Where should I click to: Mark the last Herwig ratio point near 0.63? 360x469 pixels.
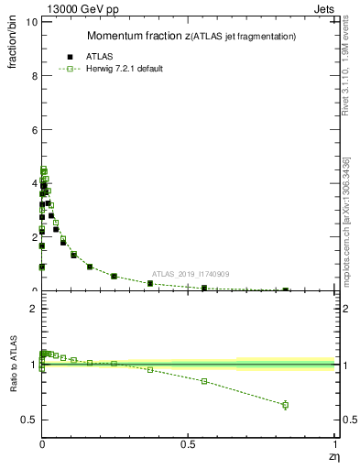coord(285,405)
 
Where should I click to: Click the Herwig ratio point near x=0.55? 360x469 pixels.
coord(203,381)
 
